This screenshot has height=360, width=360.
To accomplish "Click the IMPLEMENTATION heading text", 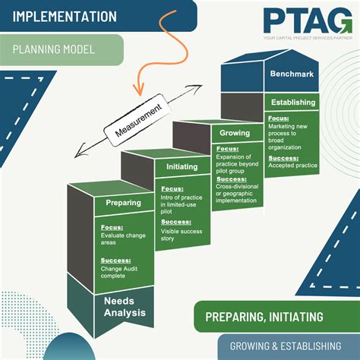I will click(64, 16).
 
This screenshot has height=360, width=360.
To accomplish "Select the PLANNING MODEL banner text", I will click(53, 50).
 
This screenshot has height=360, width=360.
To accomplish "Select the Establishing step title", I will click(292, 102).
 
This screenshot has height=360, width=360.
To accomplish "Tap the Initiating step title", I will click(182, 167).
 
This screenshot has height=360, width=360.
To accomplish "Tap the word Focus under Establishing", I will click(277, 120).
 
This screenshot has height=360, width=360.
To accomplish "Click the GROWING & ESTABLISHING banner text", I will click(284, 345).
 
